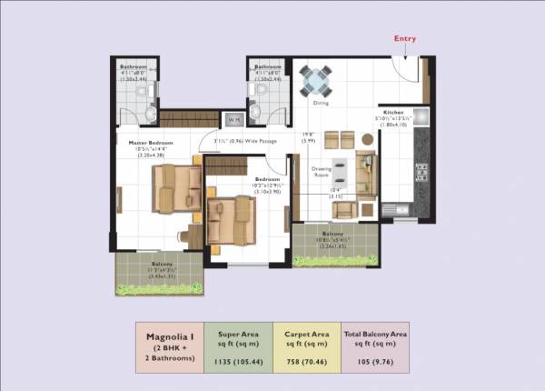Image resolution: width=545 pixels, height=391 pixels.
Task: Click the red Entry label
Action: [405, 39]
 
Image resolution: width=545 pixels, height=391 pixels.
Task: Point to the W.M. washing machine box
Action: [233, 119]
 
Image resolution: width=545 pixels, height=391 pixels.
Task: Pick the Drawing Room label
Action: [321, 171]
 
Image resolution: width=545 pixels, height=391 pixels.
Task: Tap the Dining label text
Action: [321, 104]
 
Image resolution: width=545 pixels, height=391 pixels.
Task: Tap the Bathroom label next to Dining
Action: [268, 66]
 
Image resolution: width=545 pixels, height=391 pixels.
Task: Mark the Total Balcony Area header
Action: [374, 335]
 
